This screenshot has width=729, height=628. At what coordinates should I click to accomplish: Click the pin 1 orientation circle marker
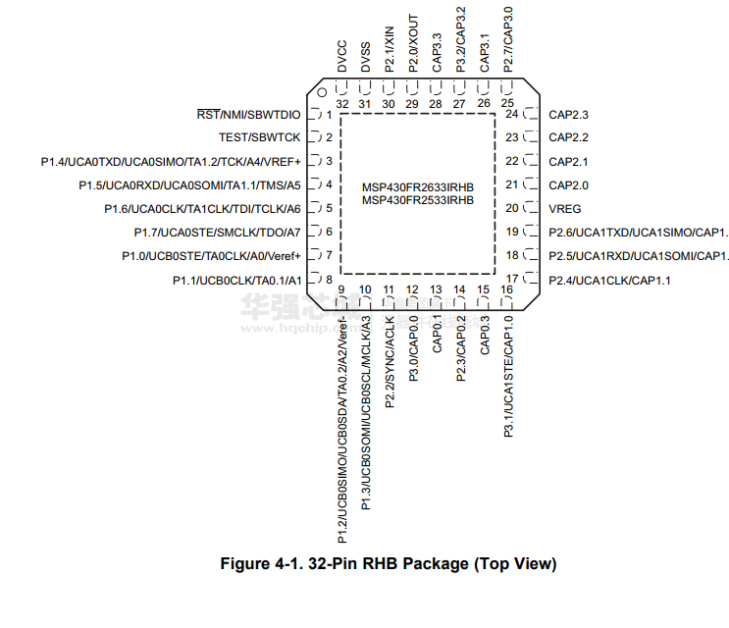321,95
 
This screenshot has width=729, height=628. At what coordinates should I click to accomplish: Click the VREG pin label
564,208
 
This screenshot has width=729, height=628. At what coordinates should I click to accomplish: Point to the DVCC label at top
342,56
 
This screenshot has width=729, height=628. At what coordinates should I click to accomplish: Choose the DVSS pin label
366,56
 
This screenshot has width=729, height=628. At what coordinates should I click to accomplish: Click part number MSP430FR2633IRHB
418,186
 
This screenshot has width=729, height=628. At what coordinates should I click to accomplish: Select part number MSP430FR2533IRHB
418,199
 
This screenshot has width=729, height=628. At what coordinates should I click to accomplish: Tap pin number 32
342,103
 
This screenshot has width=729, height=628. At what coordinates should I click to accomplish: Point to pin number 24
511,114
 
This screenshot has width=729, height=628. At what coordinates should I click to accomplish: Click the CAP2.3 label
568,114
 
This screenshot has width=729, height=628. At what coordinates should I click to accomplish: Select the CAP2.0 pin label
568,184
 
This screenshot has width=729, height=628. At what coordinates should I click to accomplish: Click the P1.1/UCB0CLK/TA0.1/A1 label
235,280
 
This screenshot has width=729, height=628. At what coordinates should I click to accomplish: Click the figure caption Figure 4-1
388,564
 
